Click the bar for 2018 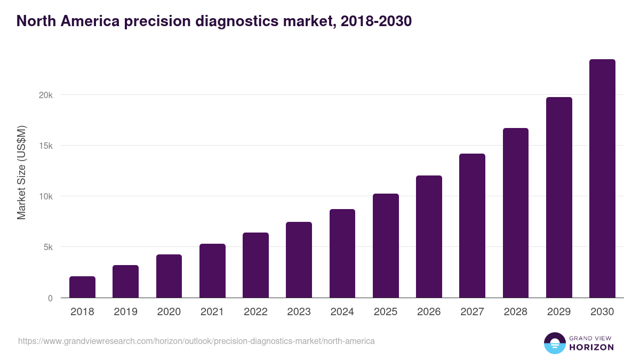[x=82, y=287]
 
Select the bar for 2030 [x=602, y=179]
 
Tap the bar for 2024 [x=342, y=253]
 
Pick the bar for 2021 [x=212, y=270]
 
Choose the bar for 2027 [x=472, y=226]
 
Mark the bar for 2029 [x=559, y=197]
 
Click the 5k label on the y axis [x=48, y=247]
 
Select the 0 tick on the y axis [x=50, y=298]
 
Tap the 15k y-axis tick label [x=46, y=146]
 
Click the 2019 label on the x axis [x=125, y=312]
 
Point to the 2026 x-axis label [x=429, y=312]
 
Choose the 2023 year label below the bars [x=299, y=312]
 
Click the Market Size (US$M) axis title [x=21, y=173]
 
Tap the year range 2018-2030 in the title [x=373, y=21]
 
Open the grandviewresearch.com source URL [x=196, y=341]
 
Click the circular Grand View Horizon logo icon [x=554, y=343]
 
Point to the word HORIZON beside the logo [x=591, y=347]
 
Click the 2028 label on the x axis [x=516, y=312]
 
